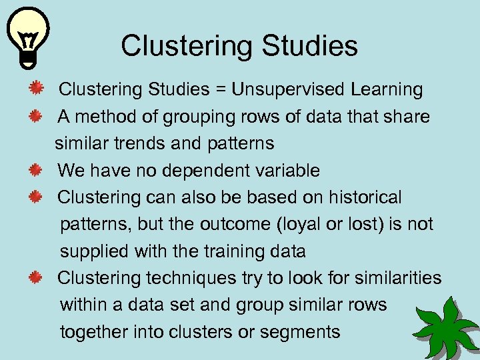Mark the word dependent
pos(203,171)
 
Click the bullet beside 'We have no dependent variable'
pos(37,171)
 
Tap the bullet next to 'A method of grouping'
pos(37,117)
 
